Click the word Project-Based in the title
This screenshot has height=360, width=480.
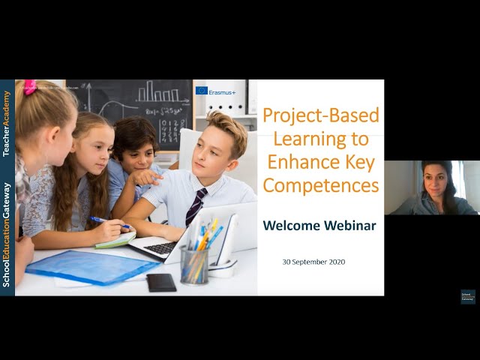tap(320, 116)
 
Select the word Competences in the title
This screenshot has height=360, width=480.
tap(320, 185)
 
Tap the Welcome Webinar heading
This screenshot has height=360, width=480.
tap(320, 226)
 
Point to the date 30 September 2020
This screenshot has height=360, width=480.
tap(313, 262)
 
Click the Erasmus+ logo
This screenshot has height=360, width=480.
tap(216, 91)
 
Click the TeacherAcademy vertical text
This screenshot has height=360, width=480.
tap(7, 124)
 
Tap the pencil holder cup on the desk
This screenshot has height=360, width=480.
tap(194, 263)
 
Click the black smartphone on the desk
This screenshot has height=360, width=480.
tap(160, 282)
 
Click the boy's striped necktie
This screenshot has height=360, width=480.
tap(196, 207)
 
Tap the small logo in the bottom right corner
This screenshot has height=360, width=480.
tap(468, 296)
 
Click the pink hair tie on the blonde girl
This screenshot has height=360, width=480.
tap(30, 85)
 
